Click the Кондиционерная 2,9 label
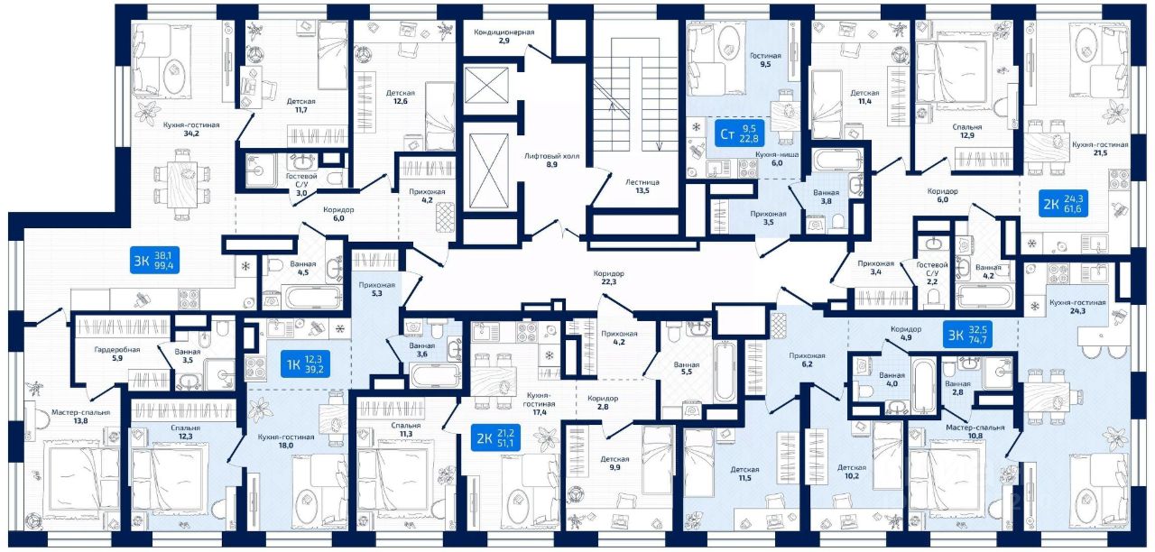[504, 36]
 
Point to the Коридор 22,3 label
[609, 278]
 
